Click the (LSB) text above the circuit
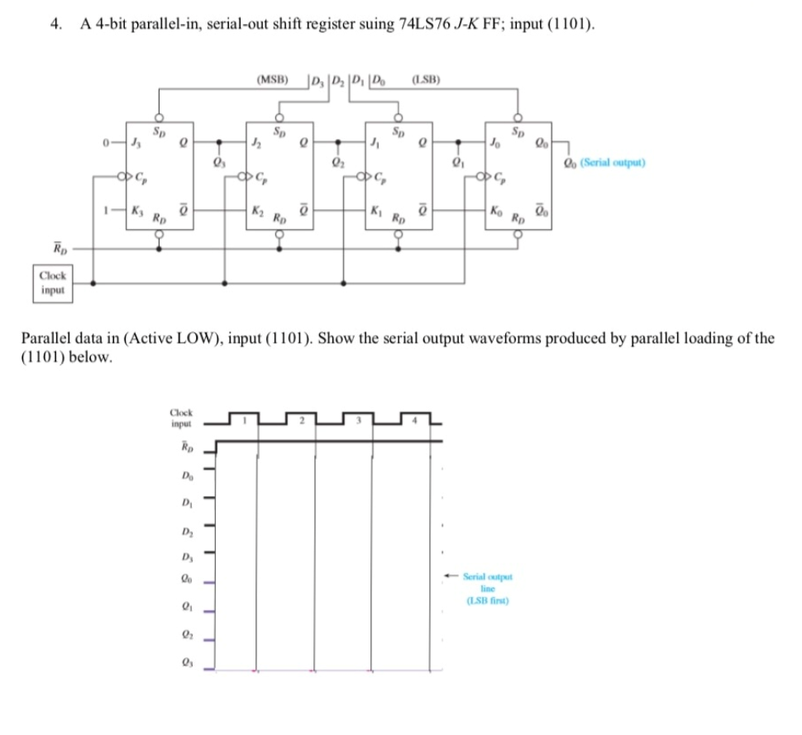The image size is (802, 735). pyautogui.click(x=425, y=80)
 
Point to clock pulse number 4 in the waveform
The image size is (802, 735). pyautogui.click(x=417, y=420)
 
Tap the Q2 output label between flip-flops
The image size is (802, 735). pyautogui.click(x=336, y=162)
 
